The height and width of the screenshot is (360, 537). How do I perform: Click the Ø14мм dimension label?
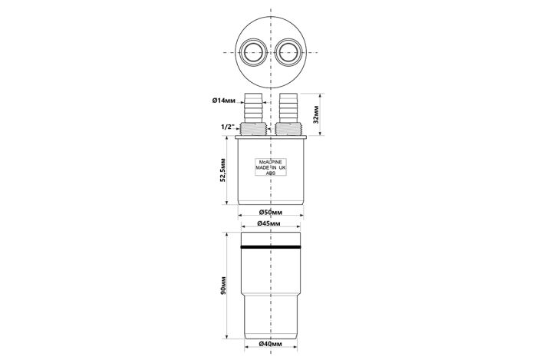224,101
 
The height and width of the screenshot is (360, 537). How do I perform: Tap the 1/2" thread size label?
227,127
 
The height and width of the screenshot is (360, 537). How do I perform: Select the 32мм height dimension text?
316,114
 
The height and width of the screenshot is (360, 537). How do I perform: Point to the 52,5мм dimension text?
223,170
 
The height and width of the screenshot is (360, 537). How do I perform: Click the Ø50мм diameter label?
271,213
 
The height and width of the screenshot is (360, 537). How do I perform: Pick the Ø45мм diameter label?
268,223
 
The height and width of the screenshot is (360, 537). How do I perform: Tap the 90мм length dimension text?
223,286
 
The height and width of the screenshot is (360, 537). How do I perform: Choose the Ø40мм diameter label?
271,344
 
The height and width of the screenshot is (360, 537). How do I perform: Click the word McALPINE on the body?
271,162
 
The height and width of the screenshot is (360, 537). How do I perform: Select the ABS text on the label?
271,173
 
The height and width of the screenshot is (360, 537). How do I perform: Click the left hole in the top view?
253,52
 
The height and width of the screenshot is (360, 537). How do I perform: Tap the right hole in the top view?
288,52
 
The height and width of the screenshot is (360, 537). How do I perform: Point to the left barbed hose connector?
253,107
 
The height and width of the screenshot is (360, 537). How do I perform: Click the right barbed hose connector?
288,107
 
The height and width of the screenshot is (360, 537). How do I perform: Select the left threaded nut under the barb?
253,129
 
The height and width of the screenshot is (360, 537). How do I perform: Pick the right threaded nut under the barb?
288,129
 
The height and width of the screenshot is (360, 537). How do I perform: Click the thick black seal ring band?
271,247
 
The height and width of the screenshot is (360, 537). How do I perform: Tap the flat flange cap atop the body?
271,137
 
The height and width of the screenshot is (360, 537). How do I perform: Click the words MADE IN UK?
271,167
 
